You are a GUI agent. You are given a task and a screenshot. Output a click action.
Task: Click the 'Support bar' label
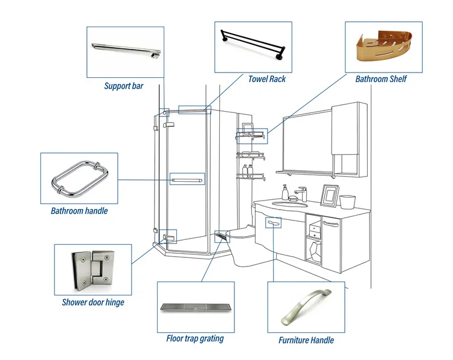pos(124,86)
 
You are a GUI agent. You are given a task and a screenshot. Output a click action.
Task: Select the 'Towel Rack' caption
pos(267,79)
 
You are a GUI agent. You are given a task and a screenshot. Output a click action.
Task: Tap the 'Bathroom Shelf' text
pos(381,79)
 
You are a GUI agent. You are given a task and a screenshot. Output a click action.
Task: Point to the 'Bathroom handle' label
pos(79,211)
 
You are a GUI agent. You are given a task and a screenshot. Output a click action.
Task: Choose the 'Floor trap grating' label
pos(194,339)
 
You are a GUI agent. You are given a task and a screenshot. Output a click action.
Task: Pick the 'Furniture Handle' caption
pos(306,340)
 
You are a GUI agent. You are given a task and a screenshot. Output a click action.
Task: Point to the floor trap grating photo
pos(195,307)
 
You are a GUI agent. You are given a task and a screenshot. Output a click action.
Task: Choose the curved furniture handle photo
pos(306,307)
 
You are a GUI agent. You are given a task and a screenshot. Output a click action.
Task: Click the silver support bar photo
pos(124,51)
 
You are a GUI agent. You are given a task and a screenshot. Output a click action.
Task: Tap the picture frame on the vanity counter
pos(329,195)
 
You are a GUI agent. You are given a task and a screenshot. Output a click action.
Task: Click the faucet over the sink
pos(300,193)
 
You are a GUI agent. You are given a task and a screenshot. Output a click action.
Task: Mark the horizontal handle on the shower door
pos(187,179)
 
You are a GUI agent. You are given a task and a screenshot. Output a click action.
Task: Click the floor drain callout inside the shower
pos(222,236)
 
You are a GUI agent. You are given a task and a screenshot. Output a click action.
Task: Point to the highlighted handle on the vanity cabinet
pos(274,224)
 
